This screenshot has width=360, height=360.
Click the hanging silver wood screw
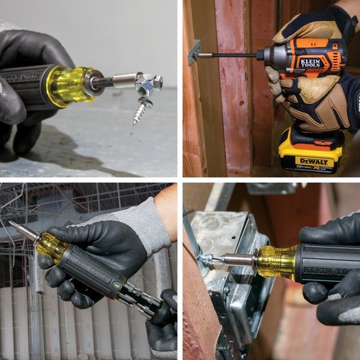[140, 110]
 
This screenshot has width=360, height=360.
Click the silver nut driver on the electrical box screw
[236, 260]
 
